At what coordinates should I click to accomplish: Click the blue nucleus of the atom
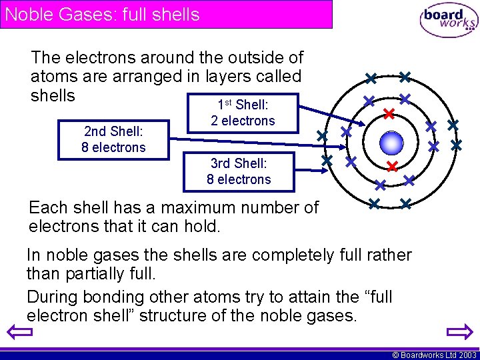[391, 142]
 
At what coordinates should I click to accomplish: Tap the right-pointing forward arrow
[460, 332]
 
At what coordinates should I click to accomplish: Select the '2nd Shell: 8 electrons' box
[113, 139]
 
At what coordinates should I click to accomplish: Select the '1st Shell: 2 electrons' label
[243, 113]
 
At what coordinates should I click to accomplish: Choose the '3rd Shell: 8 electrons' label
[239, 171]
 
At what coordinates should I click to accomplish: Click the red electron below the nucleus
[392, 165]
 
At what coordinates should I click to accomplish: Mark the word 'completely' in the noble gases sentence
[255, 255]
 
